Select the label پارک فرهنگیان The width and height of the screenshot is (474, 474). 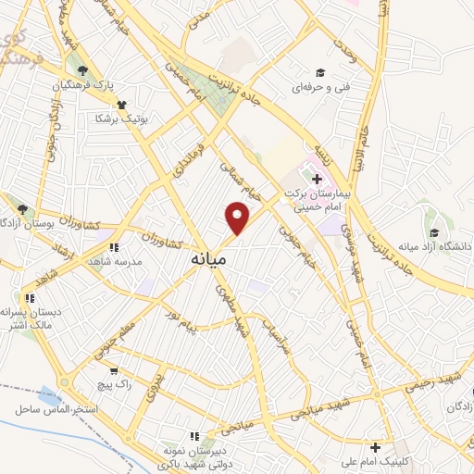[115, 85]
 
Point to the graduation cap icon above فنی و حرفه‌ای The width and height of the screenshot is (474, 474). [320, 73]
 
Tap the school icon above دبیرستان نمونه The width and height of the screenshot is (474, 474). [193, 435]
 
